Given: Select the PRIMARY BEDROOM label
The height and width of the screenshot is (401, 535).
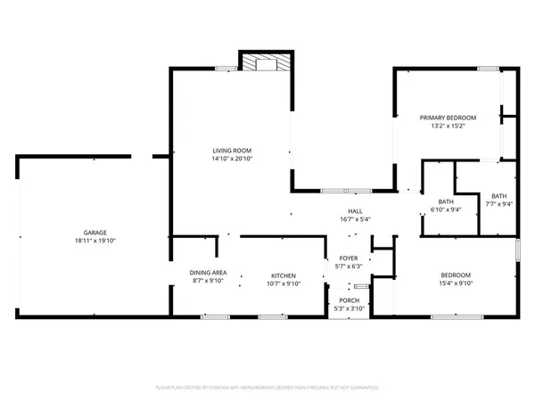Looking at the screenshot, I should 449,118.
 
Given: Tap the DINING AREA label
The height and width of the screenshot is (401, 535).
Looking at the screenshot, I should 207,273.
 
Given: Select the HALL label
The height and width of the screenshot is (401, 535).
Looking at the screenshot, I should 342,211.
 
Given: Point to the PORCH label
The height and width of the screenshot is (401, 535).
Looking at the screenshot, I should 348,300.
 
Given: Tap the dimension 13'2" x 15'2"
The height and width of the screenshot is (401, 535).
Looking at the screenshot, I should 449,126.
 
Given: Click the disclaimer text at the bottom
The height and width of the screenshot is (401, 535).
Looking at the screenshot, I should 267,388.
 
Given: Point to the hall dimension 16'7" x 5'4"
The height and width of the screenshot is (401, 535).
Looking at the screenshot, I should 342,219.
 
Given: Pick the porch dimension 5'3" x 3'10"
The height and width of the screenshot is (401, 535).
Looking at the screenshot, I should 348,308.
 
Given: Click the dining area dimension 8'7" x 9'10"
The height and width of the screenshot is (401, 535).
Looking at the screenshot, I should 207,281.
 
